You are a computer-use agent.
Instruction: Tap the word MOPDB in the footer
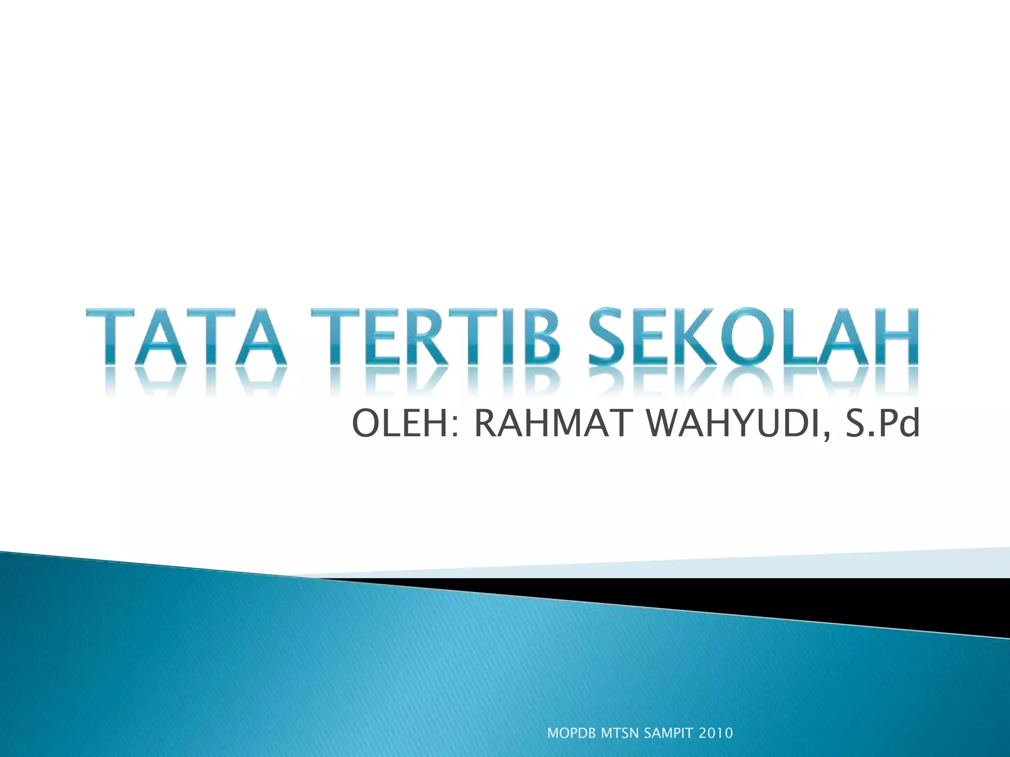(x=573, y=733)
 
